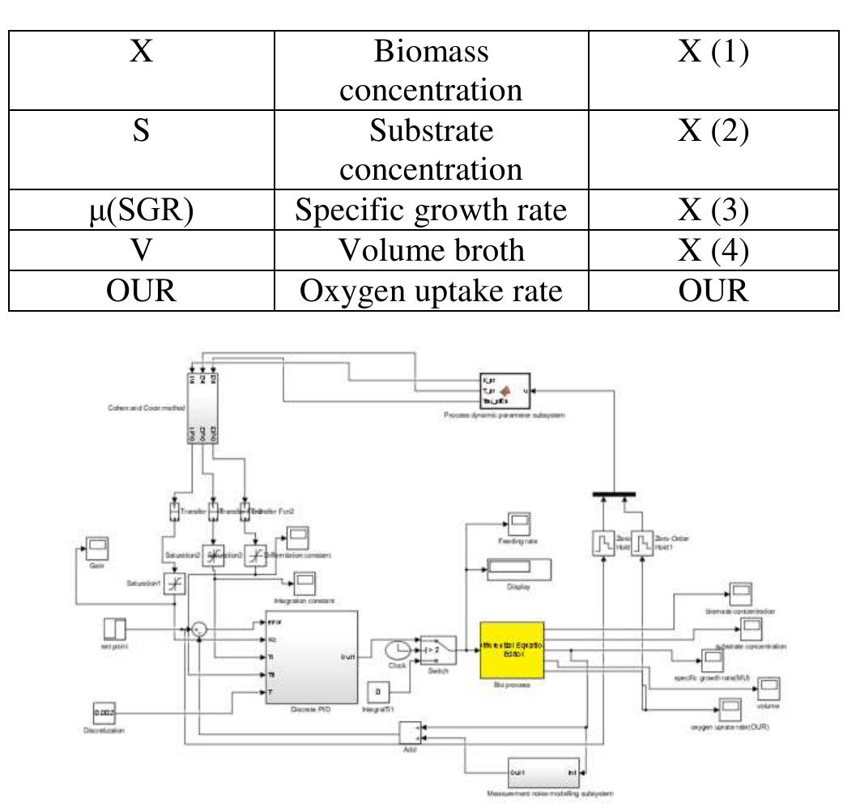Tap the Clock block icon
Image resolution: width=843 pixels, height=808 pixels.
pos(397,650)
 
